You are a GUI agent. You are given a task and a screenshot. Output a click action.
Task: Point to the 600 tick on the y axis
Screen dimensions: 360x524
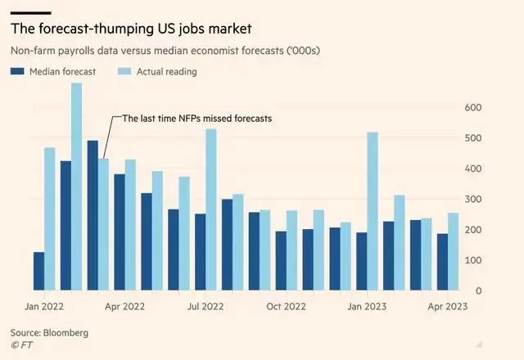(x=472, y=107)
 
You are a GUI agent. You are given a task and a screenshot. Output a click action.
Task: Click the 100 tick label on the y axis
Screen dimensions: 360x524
(x=472, y=260)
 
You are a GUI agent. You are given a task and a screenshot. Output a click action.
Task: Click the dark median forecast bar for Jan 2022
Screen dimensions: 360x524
(x=38, y=271)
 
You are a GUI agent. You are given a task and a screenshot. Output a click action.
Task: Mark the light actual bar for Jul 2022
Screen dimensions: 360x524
(x=210, y=209)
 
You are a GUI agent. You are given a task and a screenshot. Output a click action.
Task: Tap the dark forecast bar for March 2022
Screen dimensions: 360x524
(x=93, y=215)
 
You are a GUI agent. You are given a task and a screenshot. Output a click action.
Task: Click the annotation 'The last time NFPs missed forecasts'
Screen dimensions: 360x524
(x=196, y=119)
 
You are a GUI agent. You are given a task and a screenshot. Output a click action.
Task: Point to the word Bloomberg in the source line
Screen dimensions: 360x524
(x=65, y=333)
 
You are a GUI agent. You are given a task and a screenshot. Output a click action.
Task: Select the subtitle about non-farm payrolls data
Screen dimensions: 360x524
(x=164, y=51)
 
